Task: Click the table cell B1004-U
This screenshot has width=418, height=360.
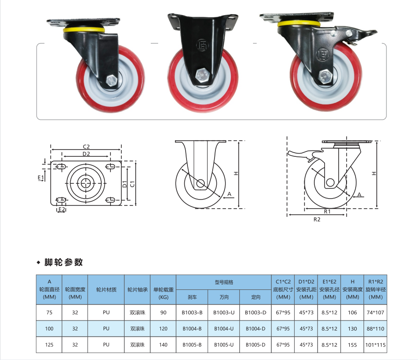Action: point(224,329)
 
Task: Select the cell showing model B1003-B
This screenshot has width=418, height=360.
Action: point(192,312)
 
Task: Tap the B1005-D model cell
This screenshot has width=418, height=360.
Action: point(255,345)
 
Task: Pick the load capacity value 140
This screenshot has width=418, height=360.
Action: point(163,345)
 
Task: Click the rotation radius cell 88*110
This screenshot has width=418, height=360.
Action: point(375,329)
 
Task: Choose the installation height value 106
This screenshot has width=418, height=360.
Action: point(352,312)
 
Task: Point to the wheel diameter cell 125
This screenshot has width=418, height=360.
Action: point(49,345)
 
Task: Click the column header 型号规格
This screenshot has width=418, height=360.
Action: point(224,282)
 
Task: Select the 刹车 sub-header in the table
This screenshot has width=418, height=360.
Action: point(192,297)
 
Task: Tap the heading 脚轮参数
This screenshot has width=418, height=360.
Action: point(63,262)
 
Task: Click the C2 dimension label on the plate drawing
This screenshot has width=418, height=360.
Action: point(86,147)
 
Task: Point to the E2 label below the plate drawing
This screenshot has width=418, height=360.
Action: point(61,209)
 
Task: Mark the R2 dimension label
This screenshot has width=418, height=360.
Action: point(317,220)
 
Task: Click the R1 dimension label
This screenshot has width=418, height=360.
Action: point(327,211)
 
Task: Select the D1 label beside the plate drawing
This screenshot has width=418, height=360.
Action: point(125,184)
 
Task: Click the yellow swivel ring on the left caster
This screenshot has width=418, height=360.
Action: point(84,29)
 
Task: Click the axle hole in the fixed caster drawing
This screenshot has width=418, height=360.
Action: point(200,183)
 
